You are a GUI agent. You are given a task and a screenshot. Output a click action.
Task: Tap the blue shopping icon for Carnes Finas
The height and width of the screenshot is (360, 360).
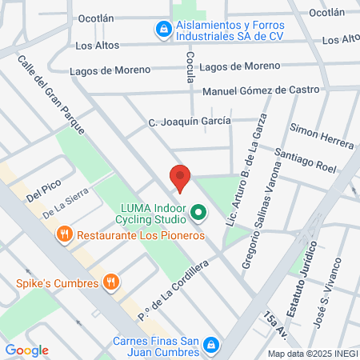tap(211, 345)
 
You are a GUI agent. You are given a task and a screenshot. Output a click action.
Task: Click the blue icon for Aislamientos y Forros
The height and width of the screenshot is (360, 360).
tap(162, 30)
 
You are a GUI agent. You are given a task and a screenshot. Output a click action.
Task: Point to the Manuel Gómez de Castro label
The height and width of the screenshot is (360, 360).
tap(260, 90)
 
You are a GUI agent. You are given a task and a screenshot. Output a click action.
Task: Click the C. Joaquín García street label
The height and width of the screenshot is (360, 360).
tap(190, 121)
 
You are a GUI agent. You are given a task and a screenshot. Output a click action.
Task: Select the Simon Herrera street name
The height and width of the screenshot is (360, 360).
tap(322, 135)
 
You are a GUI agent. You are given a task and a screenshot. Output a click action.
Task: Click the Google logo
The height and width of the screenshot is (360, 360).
tap(26, 350)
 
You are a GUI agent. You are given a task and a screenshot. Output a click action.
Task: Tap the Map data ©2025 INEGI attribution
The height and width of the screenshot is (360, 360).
tap(313, 354)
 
